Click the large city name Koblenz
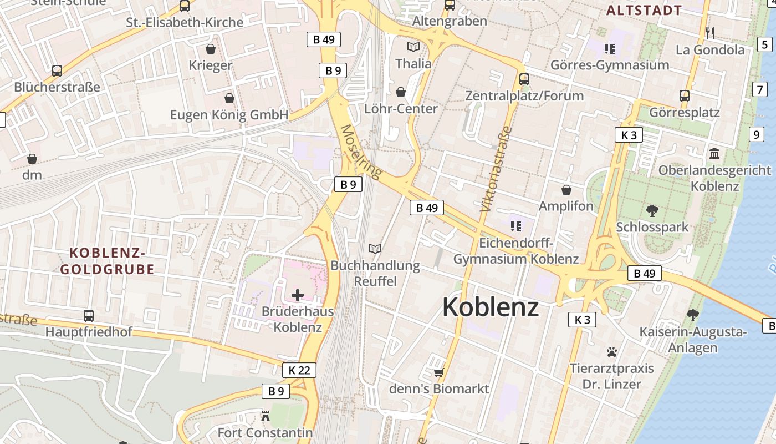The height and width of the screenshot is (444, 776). (x=490, y=307)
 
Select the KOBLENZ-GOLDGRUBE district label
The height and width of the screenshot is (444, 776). (x=107, y=261)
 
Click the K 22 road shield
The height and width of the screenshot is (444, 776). (x=299, y=370)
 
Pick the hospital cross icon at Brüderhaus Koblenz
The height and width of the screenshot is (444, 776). (x=298, y=295)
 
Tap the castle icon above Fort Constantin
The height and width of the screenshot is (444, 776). (x=265, y=416)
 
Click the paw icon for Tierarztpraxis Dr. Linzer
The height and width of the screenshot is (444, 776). (x=612, y=351)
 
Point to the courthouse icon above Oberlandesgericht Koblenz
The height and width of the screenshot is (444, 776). (x=714, y=153)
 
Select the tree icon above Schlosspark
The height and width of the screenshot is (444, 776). (x=652, y=210)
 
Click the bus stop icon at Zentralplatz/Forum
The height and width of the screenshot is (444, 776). (x=524, y=79)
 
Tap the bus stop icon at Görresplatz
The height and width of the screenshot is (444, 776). (x=685, y=95)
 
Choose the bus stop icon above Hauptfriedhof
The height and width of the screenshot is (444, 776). (x=88, y=315)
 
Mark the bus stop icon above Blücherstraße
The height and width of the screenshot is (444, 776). (x=57, y=70)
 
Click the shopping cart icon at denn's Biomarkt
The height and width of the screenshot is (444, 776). (x=438, y=372)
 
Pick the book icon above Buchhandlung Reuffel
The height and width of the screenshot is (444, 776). (x=375, y=249)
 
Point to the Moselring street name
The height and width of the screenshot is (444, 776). (x=361, y=152)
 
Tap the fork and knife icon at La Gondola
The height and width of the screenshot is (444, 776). (x=710, y=33)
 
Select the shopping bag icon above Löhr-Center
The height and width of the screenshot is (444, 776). (x=401, y=92)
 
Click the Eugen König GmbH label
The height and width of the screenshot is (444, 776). (x=229, y=115)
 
